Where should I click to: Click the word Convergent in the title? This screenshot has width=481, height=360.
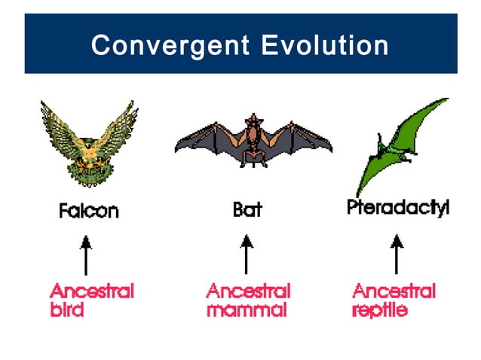point(170,46)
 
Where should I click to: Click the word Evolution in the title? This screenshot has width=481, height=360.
point(325,46)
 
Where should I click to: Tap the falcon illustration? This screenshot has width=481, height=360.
point(90,144)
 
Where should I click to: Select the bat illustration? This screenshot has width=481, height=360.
point(253,140)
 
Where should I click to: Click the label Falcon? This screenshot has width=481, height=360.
point(89,211)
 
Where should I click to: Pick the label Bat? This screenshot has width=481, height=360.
point(247,210)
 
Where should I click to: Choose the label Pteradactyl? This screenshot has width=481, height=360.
point(397,207)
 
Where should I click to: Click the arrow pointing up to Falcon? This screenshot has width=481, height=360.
point(86,255)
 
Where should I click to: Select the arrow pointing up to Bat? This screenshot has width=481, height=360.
point(246,255)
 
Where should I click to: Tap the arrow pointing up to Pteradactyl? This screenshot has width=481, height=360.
point(397,255)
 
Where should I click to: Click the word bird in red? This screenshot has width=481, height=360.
point(66,310)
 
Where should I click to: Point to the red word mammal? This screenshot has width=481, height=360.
point(247,310)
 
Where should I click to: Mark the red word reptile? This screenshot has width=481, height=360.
point(380,310)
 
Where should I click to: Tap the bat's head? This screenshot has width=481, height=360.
point(253,124)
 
